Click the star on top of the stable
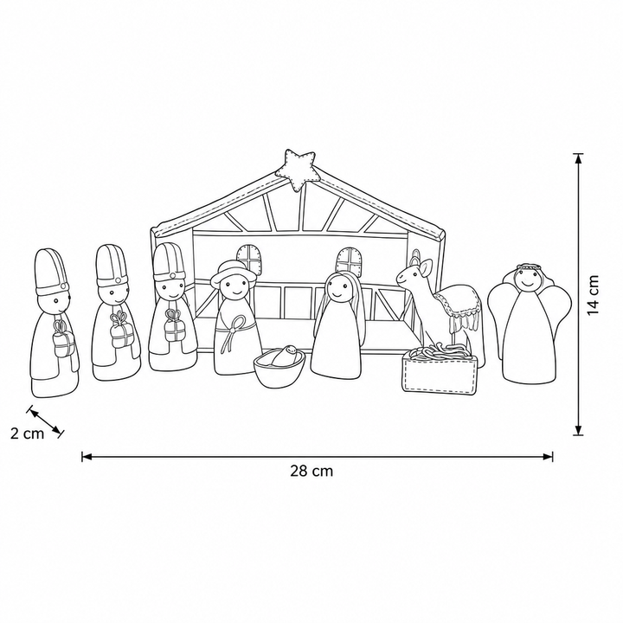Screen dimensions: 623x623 (296, 170)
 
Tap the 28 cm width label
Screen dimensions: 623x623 (311, 471)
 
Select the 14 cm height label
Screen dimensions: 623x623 (593, 294)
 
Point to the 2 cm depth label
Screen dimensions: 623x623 (27, 434)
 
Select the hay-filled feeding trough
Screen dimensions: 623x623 (439, 369)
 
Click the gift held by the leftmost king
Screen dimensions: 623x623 (64, 338)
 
